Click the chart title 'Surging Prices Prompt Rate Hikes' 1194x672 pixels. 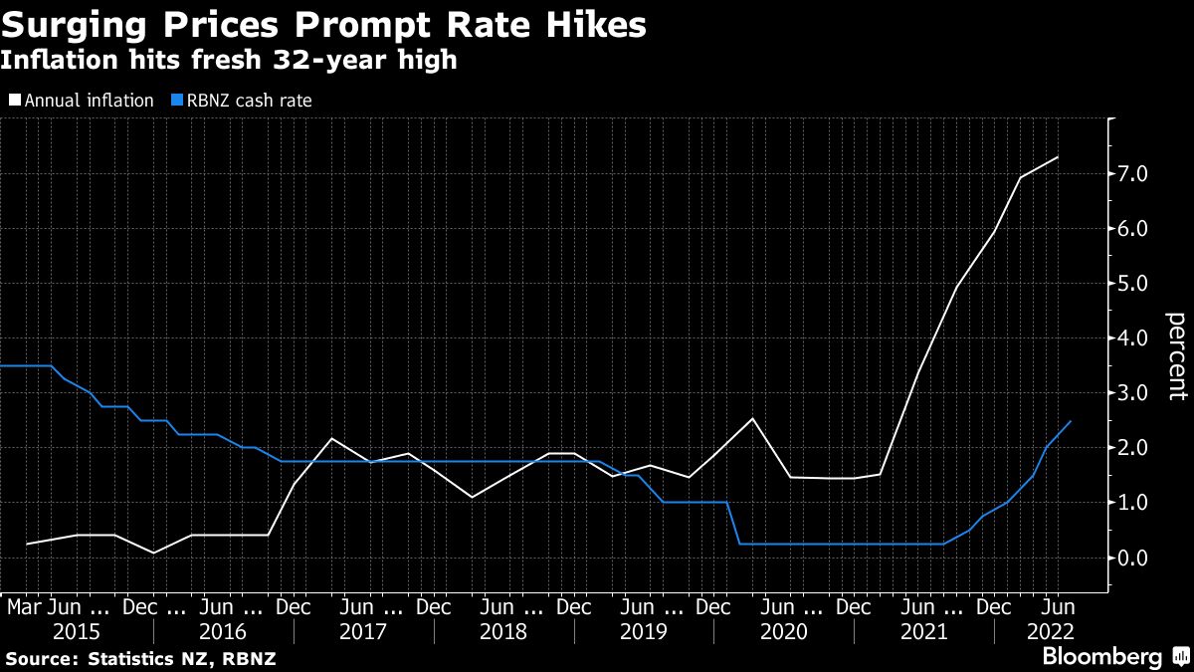tap(323, 24)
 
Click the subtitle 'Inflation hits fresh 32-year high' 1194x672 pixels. tap(229, 61)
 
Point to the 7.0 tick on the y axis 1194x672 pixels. tap(1134, 174)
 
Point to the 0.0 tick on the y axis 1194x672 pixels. tap(1134, 558)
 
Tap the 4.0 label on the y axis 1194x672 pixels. tap(1134, 338)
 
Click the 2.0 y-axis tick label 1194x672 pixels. tap(1134, 448)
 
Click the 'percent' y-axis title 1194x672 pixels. tap(1177, 356)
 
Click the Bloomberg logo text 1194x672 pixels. tap(1100, 657)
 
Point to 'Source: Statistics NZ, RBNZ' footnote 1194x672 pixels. tap(141, 658)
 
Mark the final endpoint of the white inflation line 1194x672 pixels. tap(1058, 157)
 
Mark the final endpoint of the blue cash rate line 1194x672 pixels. tap(1071, 421)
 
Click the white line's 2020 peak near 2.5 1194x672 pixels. tap(753, 418)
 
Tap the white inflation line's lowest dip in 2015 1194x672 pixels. tap(153, 553)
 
